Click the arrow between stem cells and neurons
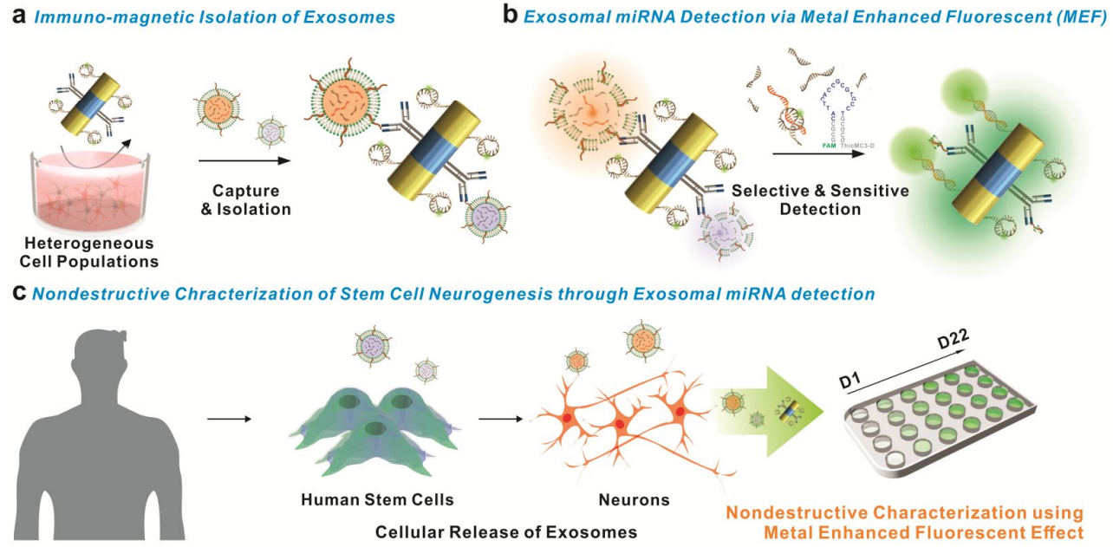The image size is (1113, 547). (x=500, y=420)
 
